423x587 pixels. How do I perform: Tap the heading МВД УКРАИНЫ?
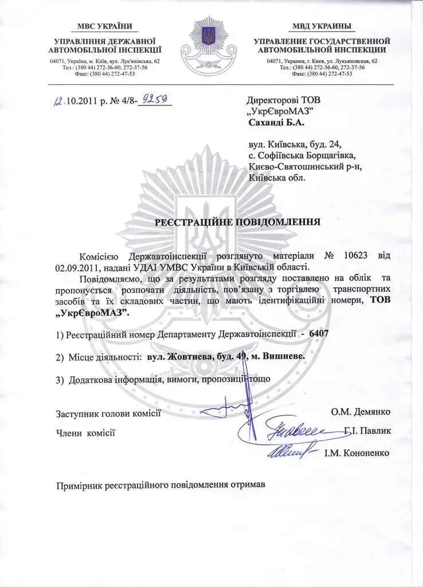click(x=322, y=26)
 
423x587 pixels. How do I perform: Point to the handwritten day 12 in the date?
click(x=57, y=101)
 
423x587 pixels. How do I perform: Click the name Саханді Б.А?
click(x=277, y=123)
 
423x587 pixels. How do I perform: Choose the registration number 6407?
click(x=318, y=333)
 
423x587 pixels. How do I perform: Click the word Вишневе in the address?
click(x=284, y=356)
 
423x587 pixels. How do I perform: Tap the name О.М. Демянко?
click(x=361, y=412)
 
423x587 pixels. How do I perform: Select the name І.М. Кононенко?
click(x=357, y=452)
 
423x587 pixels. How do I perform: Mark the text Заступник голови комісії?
click(x=108, y=413)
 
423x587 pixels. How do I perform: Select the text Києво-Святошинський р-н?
click(x=306, y=166)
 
